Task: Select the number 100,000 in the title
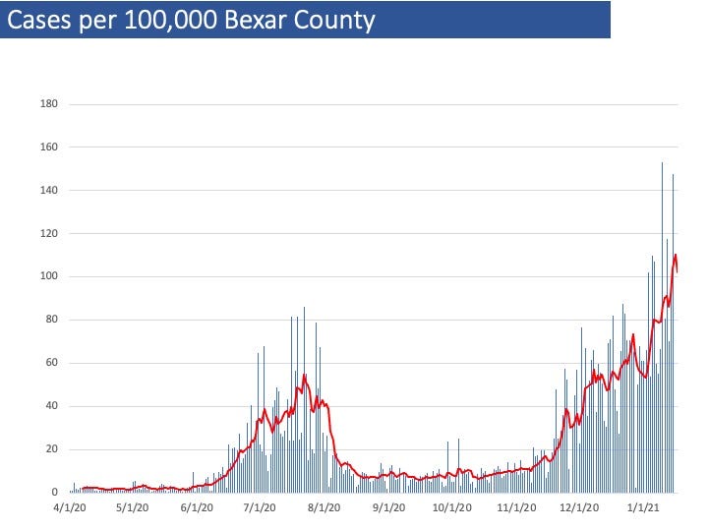pos(166,20)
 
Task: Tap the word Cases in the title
pos(38,20)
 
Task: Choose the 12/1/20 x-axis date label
pos(580,508)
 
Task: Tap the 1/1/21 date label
pos(643,508)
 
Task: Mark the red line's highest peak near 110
pos(676,256)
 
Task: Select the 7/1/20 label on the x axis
pos(259,508)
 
